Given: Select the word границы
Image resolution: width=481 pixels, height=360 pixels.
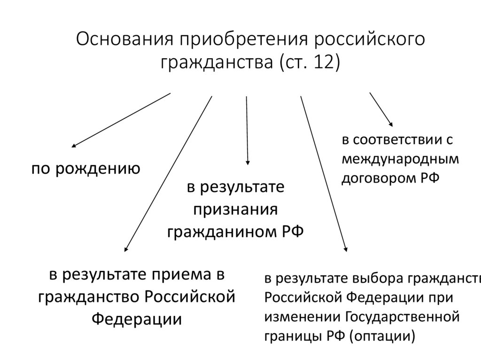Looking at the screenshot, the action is coord(292,336).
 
